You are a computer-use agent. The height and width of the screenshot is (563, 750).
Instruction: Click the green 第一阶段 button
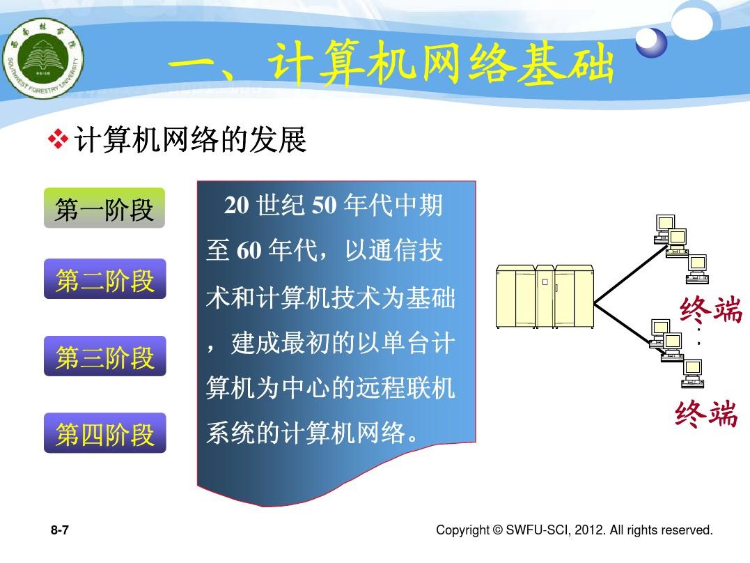click(x=104, y=208)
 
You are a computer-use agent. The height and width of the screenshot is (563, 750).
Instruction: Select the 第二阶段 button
click(x=104, y=279)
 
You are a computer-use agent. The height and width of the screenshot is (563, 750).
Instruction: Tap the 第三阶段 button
click(x=104, y=356)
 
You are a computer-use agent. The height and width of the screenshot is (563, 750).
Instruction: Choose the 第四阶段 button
click(x=104, y=433)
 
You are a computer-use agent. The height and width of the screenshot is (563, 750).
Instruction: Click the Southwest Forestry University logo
click(x=43, y=59)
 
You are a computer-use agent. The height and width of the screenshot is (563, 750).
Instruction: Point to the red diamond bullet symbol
click(x=58, y=139)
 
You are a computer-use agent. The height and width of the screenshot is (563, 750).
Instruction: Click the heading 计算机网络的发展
click(x=190, y=139)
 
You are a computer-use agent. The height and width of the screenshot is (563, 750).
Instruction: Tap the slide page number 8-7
click(x=60, y=530)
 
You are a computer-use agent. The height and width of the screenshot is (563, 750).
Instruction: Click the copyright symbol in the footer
click(x=497, y=530)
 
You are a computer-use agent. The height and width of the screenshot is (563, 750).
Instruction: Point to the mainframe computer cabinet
click(x=545, y=296)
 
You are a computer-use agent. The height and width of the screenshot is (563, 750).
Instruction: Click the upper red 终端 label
click(x=711, y=309)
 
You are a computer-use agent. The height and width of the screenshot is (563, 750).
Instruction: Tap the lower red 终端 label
click(x=706, y=413)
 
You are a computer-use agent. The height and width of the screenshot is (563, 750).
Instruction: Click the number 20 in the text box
click(x=236, y=205)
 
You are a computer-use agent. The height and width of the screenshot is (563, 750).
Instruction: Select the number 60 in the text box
click(x=249, y=250)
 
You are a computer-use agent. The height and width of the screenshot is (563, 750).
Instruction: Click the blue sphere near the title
click(x=652, y=42)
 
